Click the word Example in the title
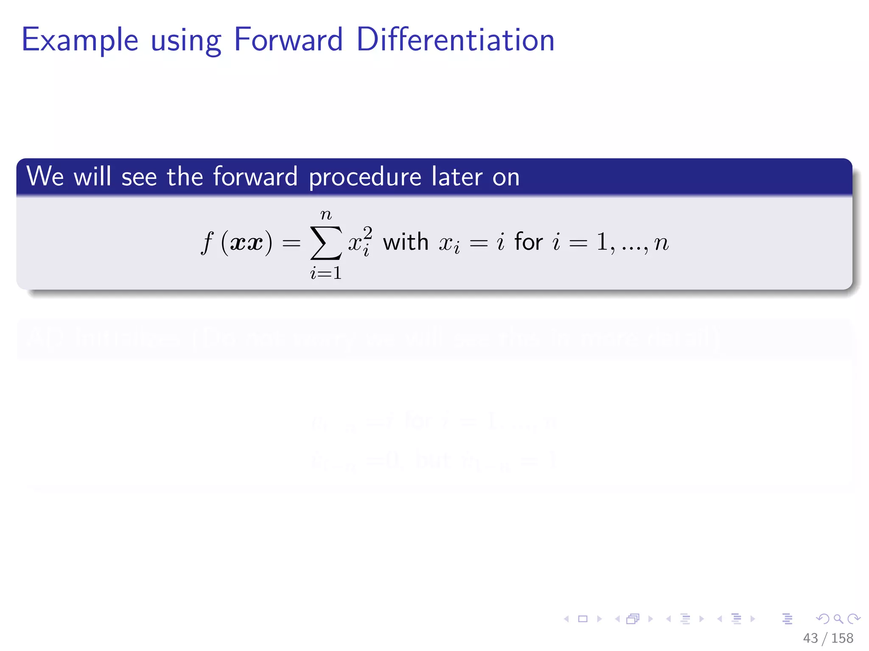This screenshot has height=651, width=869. click(x=80, y=40)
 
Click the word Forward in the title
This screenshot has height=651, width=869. click(x=288, y=39)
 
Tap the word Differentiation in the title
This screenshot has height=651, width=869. click(x=455, y=39)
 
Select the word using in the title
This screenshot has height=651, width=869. click(x=186, y=42)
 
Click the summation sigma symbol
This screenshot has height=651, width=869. click(x=326, y=243)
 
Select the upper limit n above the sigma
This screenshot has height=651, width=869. click(x=326, y=215)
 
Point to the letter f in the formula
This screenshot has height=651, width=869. click(x=207, y=243)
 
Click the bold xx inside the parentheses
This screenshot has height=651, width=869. click(x=246, y=243)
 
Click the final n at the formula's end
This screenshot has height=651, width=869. click(x=661, y=243)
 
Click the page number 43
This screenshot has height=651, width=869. click(x=810, y=638)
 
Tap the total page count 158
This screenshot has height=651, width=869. click(x=842, y=638)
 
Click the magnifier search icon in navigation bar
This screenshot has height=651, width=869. click(x=838, y=619)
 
